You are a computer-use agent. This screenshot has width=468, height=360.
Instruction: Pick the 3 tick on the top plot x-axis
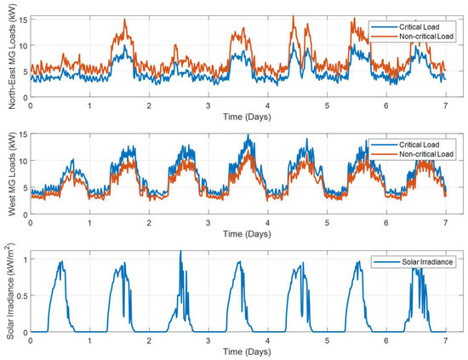coord(208,105)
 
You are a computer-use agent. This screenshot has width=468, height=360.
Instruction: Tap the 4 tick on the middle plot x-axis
coord(267,222)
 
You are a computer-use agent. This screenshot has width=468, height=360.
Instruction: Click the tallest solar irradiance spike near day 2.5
coord(180,253)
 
